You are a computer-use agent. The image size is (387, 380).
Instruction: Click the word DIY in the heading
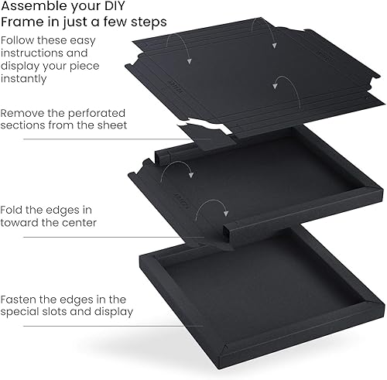click(111, 5)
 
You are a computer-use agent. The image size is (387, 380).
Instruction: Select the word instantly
click(24, 78)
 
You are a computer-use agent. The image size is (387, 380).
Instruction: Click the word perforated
click(97, 114)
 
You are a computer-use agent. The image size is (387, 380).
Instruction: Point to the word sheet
click(112, 125)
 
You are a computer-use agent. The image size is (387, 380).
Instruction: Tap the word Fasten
click(18, 300)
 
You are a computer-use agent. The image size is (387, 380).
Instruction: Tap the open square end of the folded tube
click(227, 233)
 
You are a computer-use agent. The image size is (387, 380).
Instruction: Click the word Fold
click(12, 210)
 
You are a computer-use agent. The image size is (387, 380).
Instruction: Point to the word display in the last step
click(114, 312)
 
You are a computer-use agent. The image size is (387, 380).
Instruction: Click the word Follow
click(18, 40)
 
